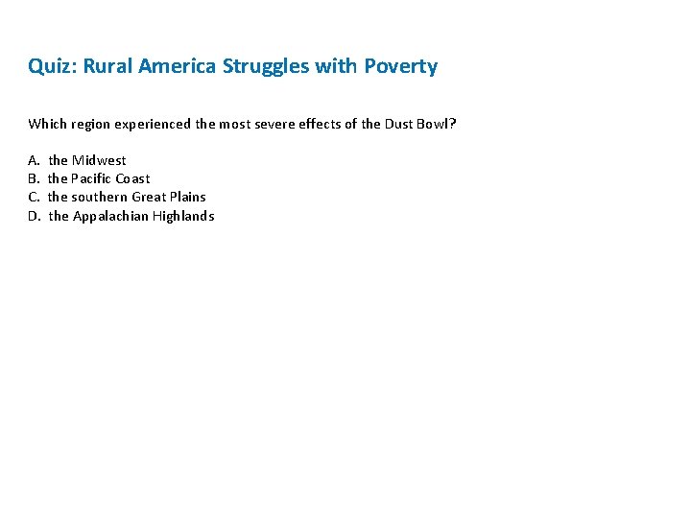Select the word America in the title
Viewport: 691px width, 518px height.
click(178, 67)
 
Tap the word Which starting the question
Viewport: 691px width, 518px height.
click(47, 124)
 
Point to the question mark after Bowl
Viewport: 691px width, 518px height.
click(452, 124)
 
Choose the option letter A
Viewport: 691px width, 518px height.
click(33, 160)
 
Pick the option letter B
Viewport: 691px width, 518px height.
click(33, 178)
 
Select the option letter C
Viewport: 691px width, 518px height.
click(33, 197)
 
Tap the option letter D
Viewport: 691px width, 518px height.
click(34, 216)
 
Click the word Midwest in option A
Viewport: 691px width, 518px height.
click(99, 160)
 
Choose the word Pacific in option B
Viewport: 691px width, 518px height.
click(91, 178)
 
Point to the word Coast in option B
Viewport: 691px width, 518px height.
click(132, 178)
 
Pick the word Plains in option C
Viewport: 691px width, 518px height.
click(187, 197)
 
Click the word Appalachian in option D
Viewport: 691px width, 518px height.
click(110, 216)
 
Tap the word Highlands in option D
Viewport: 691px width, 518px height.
click(183, 216)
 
